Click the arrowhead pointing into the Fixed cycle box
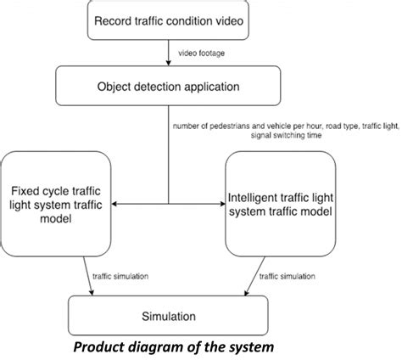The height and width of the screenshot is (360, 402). (116, 204)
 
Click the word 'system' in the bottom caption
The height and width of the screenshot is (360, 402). (248, 347)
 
